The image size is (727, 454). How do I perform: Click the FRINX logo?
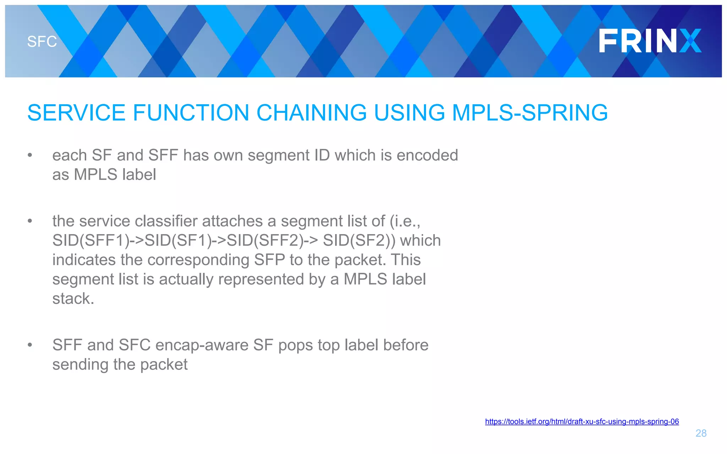pos(650,41)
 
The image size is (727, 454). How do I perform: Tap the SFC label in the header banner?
pos(42,42)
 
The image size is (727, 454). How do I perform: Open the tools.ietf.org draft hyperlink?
pos(581,421)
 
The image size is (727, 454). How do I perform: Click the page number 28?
pos(701,433)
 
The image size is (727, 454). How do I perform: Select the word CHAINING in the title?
pos(311,113)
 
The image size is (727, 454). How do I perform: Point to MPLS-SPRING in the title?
pos(530,113)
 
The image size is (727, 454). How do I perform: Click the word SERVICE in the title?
pos(76,113)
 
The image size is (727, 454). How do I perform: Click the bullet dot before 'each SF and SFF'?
pos(30,155)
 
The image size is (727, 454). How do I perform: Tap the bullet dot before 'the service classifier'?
pos(30,221)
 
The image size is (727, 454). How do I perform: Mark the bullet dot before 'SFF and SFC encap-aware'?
pos(30,345)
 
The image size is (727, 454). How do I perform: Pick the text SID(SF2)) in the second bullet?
pos(359,240)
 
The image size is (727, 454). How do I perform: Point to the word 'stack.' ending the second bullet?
pos(73,299)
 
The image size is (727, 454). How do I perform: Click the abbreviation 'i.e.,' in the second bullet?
pos(405,221)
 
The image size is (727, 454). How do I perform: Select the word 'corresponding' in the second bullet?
pos(198,260)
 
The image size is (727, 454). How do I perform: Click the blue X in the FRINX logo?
pos(690,41)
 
